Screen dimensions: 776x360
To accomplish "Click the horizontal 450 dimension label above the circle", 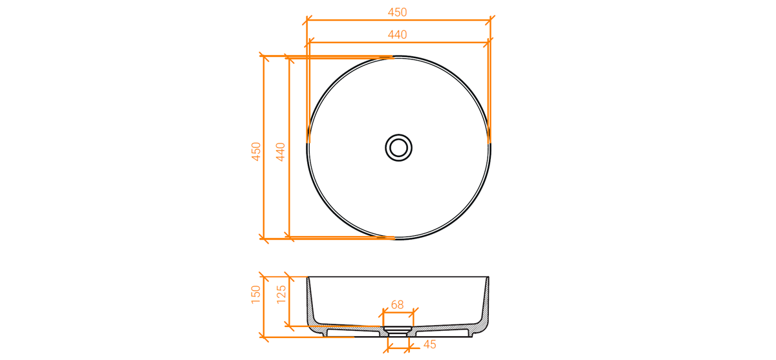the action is (397, 12).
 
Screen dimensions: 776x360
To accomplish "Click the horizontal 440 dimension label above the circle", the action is (397, 35).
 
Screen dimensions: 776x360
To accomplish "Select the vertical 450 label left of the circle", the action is (256, 152).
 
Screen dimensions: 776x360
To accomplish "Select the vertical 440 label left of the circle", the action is (280, 152).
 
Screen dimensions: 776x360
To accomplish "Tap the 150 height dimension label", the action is (256, 295).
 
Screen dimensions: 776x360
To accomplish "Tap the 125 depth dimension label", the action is (281, 295).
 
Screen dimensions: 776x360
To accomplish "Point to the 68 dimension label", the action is (397, 304).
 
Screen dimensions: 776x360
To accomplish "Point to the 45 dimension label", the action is (429, 344).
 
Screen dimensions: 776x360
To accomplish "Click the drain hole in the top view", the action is (399, 148).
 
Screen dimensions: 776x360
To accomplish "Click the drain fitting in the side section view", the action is (397, 331).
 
